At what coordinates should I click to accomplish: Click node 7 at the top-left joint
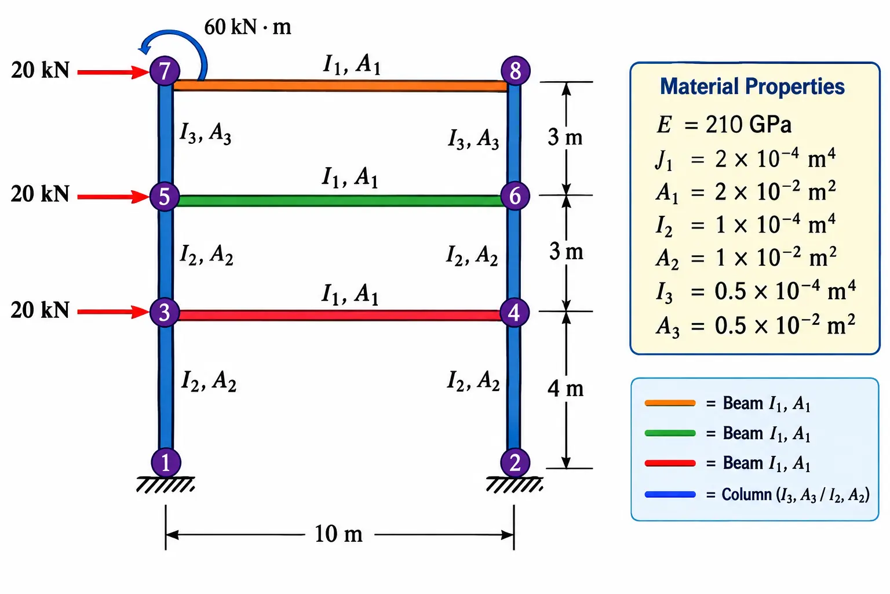pos(165,71)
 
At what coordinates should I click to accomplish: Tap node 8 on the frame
pos(515,71)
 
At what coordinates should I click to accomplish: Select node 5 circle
pos(165,197)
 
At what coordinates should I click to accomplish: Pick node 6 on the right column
pos(515,195)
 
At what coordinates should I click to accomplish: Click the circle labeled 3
pos(165,312)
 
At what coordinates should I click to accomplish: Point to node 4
pos(515,312)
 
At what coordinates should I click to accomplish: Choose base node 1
pos(166,463)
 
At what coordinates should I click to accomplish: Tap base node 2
pos(515,463)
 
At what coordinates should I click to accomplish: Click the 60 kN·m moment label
pos(247,27)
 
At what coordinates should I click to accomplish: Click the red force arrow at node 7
pos(114,72)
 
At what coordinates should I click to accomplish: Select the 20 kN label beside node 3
pos(40,310)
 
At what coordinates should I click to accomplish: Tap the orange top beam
pos(341,85)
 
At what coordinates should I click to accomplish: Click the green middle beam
pos(340,201)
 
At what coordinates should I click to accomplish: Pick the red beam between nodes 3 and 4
pos(340,316)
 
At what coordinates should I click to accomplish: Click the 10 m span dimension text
pos(338,534)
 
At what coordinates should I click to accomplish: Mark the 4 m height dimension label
pos(566,388)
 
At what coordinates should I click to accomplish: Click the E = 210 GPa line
pos(724,124)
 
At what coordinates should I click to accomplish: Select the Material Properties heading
pos(752,86)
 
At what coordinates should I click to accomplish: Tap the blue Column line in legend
pos(670,495)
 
